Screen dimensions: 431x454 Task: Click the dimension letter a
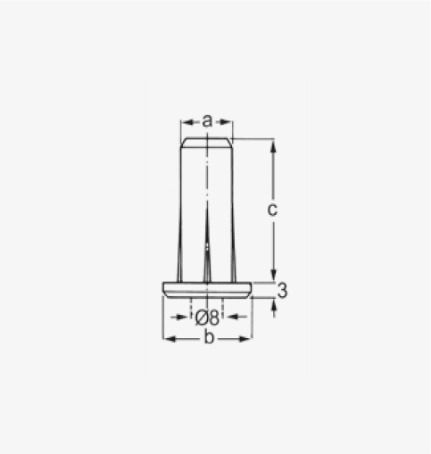(207, 121)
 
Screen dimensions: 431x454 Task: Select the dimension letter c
(272, 210)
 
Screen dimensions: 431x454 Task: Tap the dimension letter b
(209, 337)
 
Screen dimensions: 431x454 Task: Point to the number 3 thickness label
(282, 290)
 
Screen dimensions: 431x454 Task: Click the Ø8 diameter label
(207, 318)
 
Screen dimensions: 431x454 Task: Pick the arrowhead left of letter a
(187, 122)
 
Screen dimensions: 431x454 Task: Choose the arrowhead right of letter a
(226, 122)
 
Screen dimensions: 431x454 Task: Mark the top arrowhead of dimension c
(273, 146)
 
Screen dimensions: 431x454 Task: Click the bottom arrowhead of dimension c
(273, 275)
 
